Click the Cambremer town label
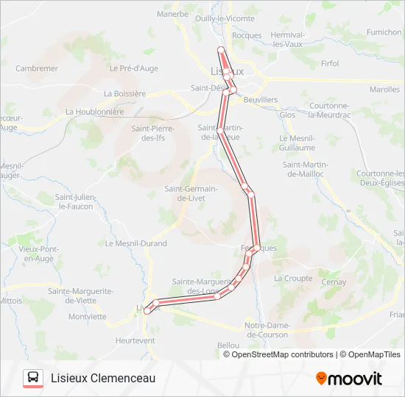(x=37, y=68)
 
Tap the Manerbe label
(x=173, y=13)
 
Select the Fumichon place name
(x=384, y=32)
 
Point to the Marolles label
(x=384, y=90)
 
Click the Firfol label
(x=331, y=63)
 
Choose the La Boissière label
(x=125, y=93)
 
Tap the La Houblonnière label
(x=95, y=112)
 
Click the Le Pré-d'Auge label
(x=133, y=68)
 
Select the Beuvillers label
(x=261, y=99)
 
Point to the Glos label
(x=287, y=115)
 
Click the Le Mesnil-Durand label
(x=136, y=243)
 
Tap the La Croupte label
(x=292, y=279)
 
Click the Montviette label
(x=87, y=317)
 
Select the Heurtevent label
(x=135, y=340)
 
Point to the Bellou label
(x=228, y=345)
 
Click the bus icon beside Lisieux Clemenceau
(x=33, y=378)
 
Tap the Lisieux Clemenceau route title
(x=103, y=378)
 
